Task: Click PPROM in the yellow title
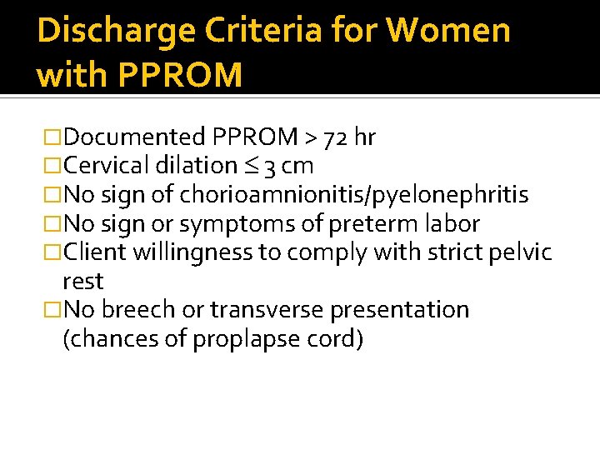click(181, 75)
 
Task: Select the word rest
click(82, 281)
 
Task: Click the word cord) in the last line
click(337, 339)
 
